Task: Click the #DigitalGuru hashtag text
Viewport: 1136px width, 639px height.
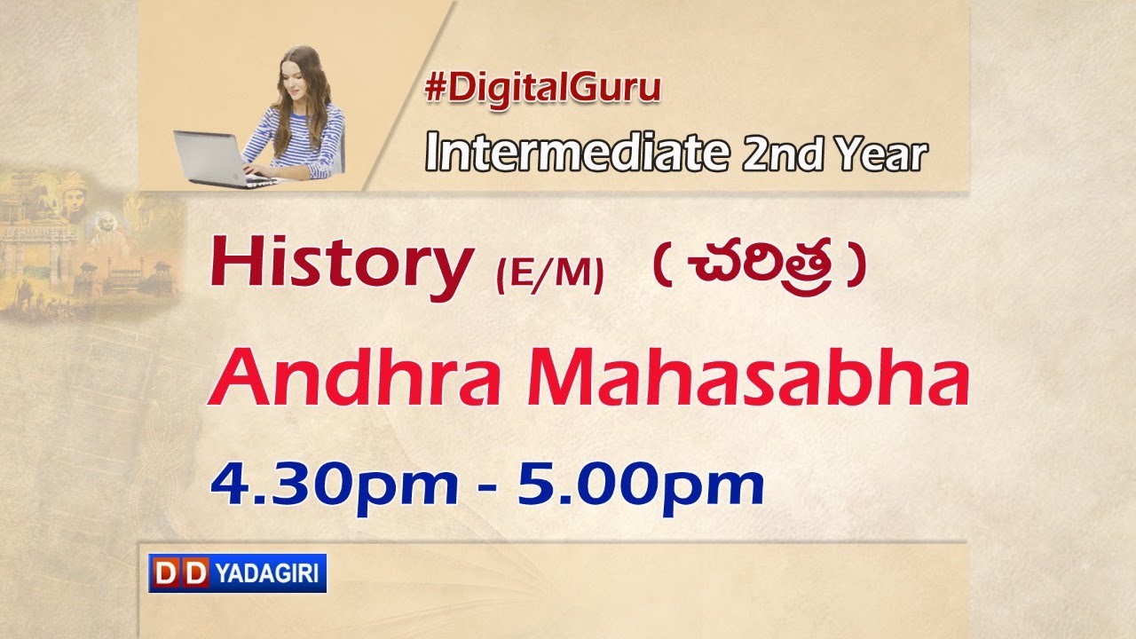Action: click(543, 90)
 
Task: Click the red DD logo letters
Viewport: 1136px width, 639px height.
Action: click(178, 573)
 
